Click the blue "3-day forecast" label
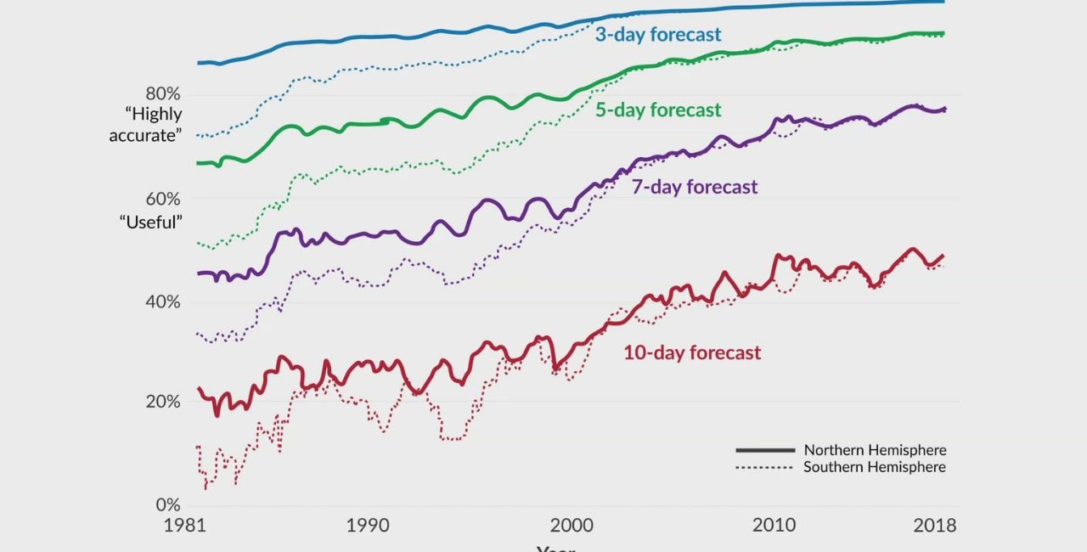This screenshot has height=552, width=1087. (x=658, y=35)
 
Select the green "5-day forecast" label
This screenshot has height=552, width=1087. (x=658, y=110)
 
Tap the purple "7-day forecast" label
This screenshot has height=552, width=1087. (x=694, y=187)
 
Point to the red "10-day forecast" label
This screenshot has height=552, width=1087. (x=692, y=352)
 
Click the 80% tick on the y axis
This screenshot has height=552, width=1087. (x=163, y=93)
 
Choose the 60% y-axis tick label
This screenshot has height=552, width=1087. (x=163, y=199)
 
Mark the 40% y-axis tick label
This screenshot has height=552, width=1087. (x=163, y=302)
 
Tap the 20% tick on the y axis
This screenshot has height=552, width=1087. (x=163, y=402)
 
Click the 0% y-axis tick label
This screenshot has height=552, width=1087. (x=168, y=505)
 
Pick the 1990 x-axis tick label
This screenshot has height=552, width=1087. (x=367, y=526)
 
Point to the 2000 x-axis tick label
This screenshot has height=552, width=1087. (x=572, y=526)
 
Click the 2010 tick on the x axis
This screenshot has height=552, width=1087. (x=774, y=526)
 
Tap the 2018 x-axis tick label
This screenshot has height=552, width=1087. (x=934, y=526)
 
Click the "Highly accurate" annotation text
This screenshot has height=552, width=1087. (x=145, y=125)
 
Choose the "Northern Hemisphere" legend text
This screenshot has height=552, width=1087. (x=875, y=450)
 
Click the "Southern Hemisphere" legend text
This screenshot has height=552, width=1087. (x=875, y=467)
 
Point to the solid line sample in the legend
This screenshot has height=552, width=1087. (x=765, y=450)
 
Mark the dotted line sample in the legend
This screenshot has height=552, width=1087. (x=765, y=468)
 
